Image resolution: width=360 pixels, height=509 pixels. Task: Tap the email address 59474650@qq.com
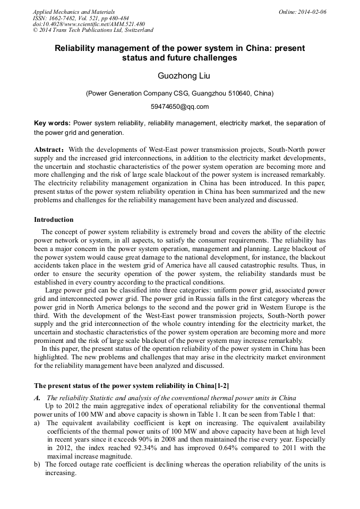(179, 106)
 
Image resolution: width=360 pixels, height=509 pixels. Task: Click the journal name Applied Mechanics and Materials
(74, 12)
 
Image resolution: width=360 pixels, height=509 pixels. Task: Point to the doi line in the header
(89, 24)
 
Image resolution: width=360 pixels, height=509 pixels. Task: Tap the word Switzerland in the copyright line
(139, 30)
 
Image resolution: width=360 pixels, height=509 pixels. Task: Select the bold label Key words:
(52, 123)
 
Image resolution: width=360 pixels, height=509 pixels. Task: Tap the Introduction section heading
(54, 220)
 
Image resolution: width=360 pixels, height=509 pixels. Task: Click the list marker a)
(37, 423)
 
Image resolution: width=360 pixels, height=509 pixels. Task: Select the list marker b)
(37, 464)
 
